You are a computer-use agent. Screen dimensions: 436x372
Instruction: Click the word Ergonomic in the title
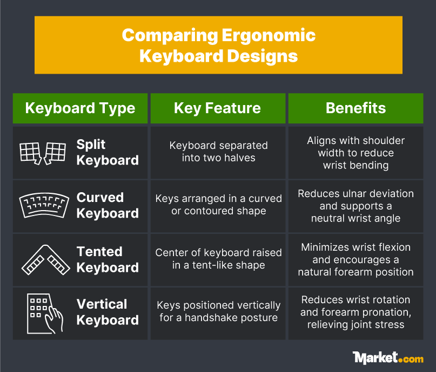[x=269, y=36]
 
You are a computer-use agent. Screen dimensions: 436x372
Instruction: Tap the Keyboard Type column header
[x=80, y=108]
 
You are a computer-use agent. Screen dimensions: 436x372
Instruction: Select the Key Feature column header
[x=218, y=108]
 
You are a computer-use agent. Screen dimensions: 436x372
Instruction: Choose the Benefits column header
[x=355, y=108]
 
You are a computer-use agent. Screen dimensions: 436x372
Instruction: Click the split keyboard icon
[x=43, y=153]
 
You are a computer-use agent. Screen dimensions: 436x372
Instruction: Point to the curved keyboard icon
[x=44, y=205]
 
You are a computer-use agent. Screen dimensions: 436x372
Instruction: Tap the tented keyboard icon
[x=45, y=260]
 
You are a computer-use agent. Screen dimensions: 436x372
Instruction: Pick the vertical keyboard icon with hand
[x=45, y=314]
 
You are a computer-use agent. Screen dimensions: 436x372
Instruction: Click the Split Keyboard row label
[x=108, y=152]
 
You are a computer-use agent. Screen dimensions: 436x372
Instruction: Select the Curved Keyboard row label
[x=108, y=205]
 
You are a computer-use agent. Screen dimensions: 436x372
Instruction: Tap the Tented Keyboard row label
[x=108, y=259]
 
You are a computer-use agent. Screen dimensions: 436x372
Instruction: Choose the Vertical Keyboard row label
[x=108, y=312]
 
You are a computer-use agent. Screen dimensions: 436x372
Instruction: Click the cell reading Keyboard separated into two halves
[x=218, y=152]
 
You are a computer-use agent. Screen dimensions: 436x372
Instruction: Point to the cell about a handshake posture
[x=218, y=311]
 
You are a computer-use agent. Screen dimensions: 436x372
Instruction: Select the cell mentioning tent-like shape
[x=218, y=259]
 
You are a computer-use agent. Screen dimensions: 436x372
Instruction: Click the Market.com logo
[x=388, y=358]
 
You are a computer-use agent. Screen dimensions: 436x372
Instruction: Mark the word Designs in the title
[x=263, y=57]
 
